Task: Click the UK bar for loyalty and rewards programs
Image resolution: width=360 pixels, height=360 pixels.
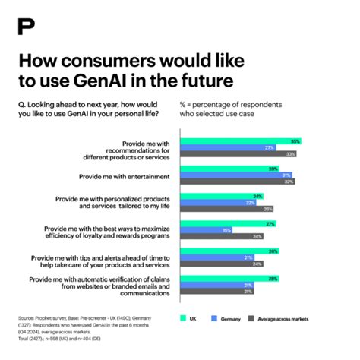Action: click(x=227, y=223)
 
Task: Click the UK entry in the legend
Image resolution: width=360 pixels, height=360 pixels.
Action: click(x=188, y=319)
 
